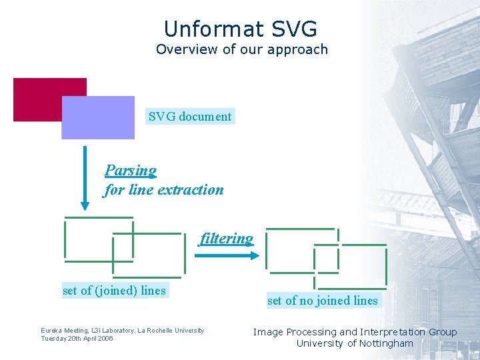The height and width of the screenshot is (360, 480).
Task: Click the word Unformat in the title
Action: coord(206,29)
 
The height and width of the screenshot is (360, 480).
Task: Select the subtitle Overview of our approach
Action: coord(241,49)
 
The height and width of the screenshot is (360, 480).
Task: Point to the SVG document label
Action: coord(190,117)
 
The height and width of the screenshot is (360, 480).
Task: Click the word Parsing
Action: coord(131,171)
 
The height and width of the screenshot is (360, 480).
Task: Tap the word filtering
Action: coord(227,239)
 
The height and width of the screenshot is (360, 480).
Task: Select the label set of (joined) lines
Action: coord(114,290)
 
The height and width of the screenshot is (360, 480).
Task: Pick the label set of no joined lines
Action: coord(323,301)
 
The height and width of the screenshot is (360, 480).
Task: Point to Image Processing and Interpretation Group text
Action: coord(355,332)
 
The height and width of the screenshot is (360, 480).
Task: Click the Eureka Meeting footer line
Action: coord(123,331)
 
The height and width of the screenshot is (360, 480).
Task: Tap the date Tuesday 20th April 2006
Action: coord(77,339)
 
